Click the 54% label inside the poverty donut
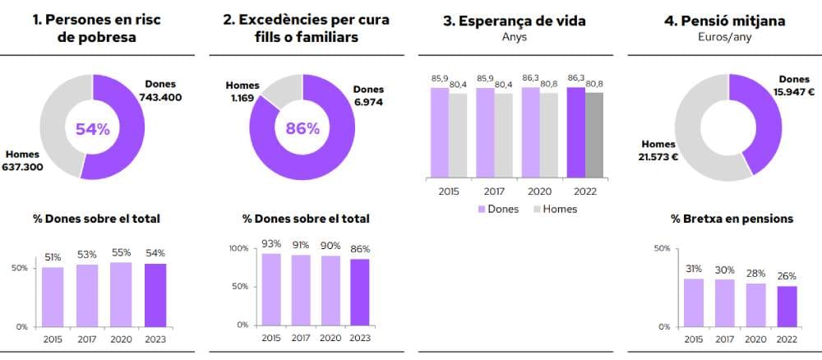coord(92,129)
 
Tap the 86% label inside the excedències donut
coord(302,129)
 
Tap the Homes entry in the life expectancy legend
coord(558,209)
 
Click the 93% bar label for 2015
coord(271,244)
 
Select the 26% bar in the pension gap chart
coord(787,305)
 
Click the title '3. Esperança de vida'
coord(515,21)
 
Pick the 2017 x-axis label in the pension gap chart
coord(724,338)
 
